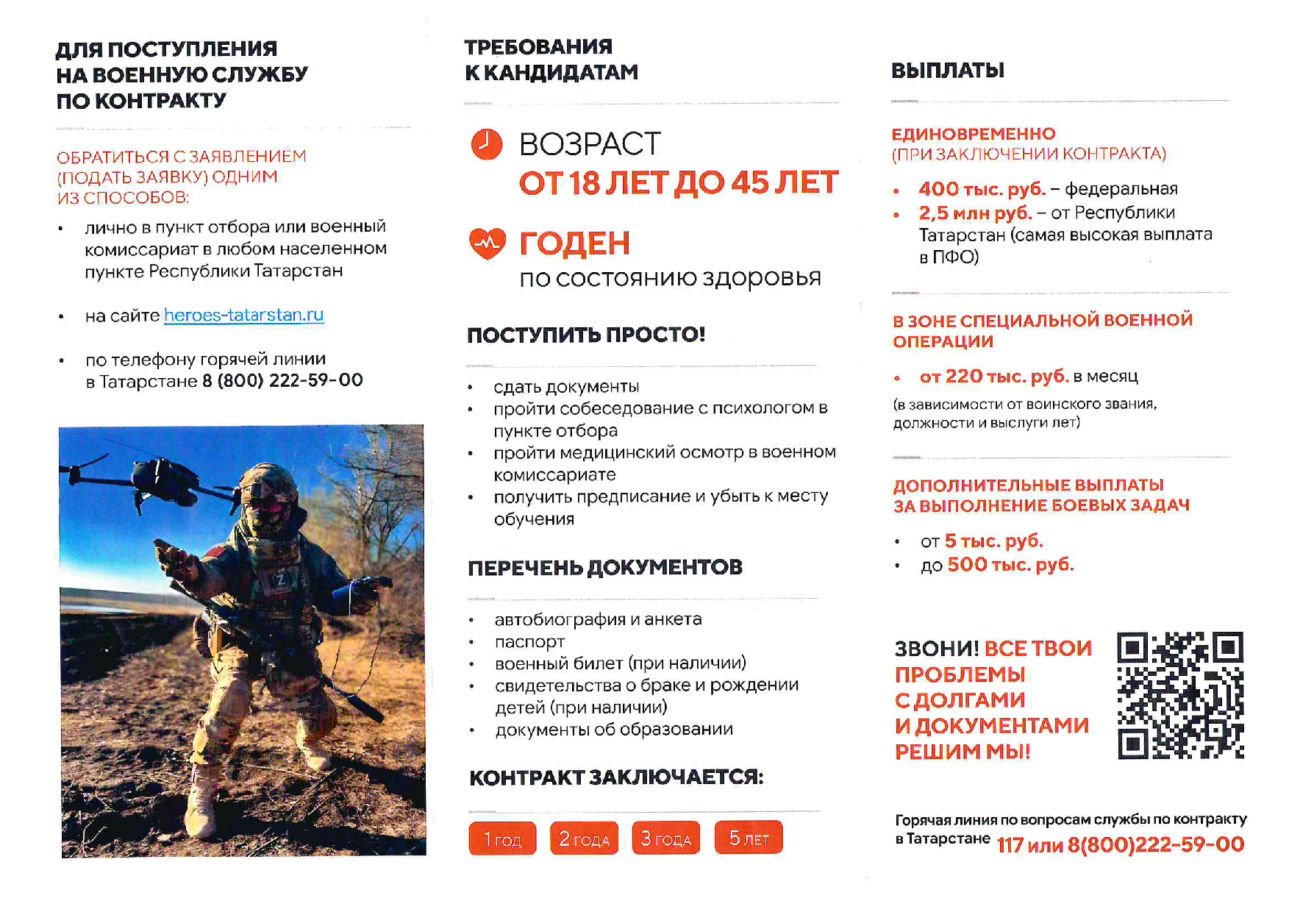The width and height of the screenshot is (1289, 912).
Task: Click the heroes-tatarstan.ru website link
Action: pyautogui.click(x=243, y=316)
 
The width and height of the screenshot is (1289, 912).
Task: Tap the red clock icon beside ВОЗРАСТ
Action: pyautogui.click(x=486, y=144)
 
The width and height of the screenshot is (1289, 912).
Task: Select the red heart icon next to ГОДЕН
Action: pyautogui.click(x=487, y=243)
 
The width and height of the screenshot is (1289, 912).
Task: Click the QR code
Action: pyautogui.click(x=1179, y=695)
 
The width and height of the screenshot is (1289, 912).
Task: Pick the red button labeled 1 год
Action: pyautogui.click(x=502, y=838)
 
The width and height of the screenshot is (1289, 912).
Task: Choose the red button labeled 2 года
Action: pyautogui.click(x=584, y=838)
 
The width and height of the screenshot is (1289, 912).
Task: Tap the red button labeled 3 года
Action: pyautogui.click(x=665, y=838)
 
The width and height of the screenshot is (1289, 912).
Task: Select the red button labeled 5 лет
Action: pyautogui.click(x=748, y=838)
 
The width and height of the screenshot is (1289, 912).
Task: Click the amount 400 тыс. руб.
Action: pyautogui.click(x=982, y=189)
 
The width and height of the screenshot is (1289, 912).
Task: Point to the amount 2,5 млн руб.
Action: pyautogui.click(x=975, y=213)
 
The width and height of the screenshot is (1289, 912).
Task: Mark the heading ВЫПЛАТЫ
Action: pyautogui.click(x=947, y=71)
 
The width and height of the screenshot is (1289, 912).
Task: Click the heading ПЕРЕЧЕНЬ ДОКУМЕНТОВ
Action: pyautogui.click(x=605, y=568)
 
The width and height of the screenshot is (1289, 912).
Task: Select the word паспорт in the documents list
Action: pyautogui.click(x=529, y=642)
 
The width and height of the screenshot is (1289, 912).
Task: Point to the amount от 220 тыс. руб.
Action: pyautogui.click(x=993, y=377)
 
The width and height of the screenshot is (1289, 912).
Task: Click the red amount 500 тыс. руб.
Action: pyautogui.click(x=1010, y=565)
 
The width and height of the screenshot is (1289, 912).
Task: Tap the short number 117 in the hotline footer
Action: pyautogui.click(x=1010, y=845)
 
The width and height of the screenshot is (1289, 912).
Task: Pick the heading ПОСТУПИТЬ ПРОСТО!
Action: pyautogui.click(x=586, y=335)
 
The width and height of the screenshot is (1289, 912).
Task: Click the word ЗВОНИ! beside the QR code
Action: pyautogui.click(x=936, y=649)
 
